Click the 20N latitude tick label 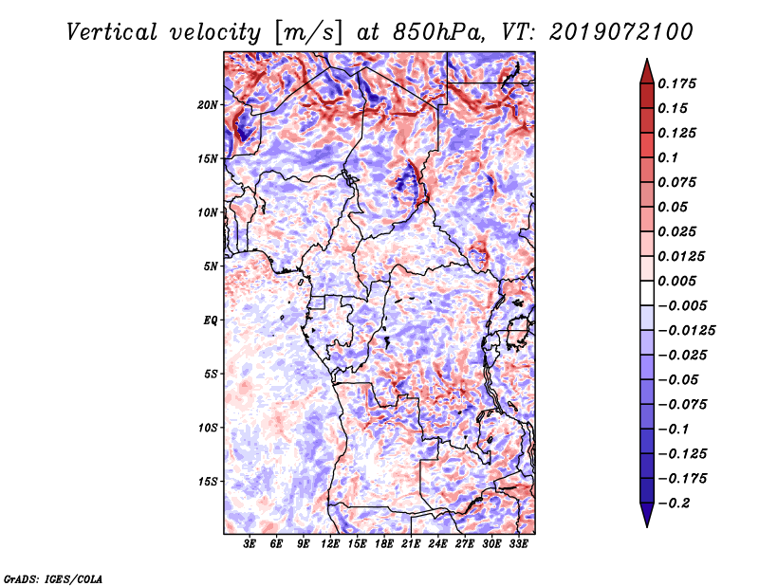[208, 105]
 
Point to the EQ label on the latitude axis [210, 320]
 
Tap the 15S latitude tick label [208, 482]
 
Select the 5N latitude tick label [211, 266]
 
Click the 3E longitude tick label [250, 544]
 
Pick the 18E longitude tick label [384, 544]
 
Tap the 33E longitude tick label [518, 544]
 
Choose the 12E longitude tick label [330, 544]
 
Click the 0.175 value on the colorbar [676, 83]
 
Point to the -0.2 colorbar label [674, 504]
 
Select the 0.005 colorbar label [676, 281]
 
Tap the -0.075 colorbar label [682, 405]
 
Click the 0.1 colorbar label [668, 157]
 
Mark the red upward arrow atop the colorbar [647, 71]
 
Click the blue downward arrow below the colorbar [647, 515]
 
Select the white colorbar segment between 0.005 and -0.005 [647, 293]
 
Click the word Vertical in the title [112, 32]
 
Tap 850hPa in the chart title [438, 32]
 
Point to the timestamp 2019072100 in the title [621, 32]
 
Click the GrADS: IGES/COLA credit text [53, 579]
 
